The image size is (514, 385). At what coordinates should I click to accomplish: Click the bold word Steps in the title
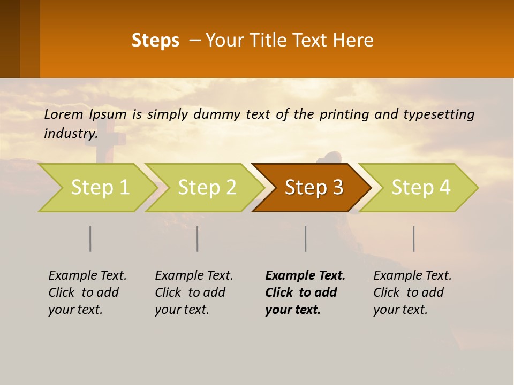click(155, 41)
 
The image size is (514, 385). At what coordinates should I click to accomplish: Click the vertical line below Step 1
click(90, 238)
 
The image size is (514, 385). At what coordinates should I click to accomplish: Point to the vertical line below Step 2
click(198, 238)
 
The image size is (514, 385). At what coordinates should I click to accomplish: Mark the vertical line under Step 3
click(306, 238)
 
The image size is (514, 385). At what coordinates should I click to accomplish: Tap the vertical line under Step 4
click(414, 238)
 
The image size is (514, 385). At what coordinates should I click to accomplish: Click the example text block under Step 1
click(87, 292)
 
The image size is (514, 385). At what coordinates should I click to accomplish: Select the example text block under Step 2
click(194, 292)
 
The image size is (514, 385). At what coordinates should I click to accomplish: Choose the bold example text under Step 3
click(305, 292)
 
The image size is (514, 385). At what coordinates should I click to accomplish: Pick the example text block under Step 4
click(412, 292)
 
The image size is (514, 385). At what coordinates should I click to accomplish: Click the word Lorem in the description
click(64, 114)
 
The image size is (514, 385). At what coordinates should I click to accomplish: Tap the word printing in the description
click(343, 114)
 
